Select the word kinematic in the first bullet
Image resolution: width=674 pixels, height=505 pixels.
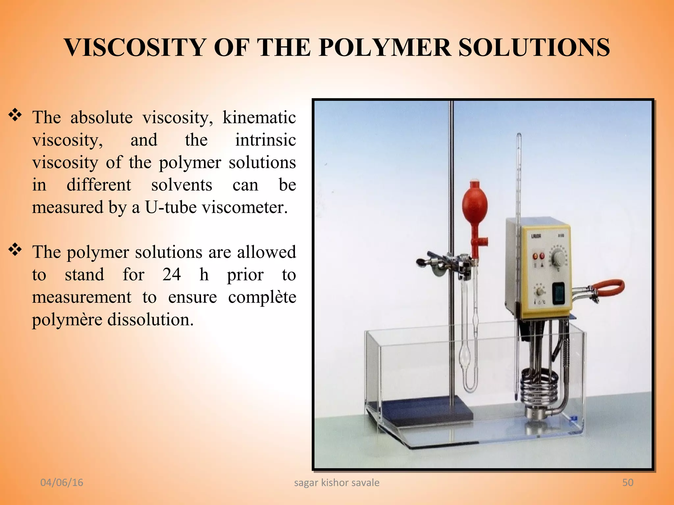[259, 117]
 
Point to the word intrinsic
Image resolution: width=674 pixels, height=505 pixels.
[265, 140]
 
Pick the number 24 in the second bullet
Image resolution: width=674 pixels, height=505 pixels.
[171, 275]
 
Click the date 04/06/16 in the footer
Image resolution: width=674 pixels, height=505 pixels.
[62, 482]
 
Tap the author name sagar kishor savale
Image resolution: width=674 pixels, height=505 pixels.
[336, 482]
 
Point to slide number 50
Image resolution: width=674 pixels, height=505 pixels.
[628, 482]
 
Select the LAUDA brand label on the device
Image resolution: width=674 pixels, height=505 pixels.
[536, 236]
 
